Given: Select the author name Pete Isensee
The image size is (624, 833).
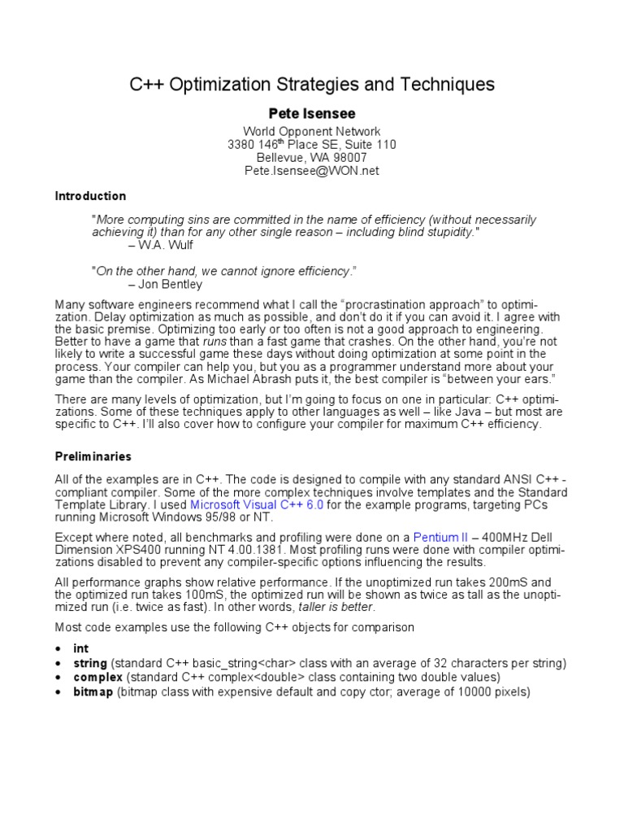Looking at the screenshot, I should coord(312,114).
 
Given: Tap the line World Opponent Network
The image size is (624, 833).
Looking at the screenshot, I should coord(312,131).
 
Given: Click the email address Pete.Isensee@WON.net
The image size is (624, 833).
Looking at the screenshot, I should coord(312,171).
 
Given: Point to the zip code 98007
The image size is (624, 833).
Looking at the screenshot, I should coord(348,158).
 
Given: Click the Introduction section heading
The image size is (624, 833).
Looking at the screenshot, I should coord(90,196).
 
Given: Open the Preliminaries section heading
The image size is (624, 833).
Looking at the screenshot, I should coord(93,456).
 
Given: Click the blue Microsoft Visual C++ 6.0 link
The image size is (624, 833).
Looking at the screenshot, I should coord(257,505).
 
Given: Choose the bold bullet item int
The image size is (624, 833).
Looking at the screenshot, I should coord(80,648).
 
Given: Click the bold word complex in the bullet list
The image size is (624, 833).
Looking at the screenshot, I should coord(98,677).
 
